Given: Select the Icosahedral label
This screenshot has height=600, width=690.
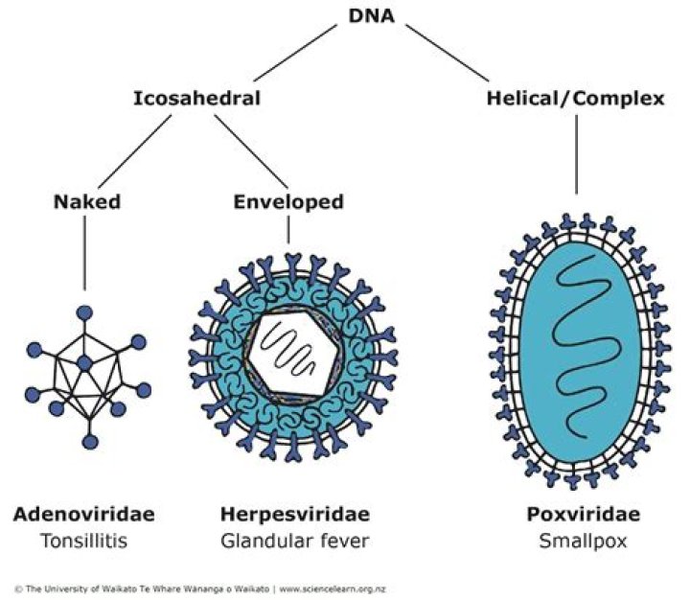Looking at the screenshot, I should click(x=196, y=98).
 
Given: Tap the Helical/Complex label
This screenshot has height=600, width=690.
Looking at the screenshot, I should click(x=575, y=98).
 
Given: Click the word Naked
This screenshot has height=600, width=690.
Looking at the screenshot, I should click(x=84, y=202).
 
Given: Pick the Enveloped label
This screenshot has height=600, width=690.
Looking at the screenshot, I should click(x=288, y=202).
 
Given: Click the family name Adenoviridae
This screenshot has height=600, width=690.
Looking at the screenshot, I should click(x=83, y=515).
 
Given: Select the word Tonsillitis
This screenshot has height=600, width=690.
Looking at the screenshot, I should click(x=83, y=541).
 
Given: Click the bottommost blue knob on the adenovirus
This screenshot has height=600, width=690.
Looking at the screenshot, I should click(x=90, y=442).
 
